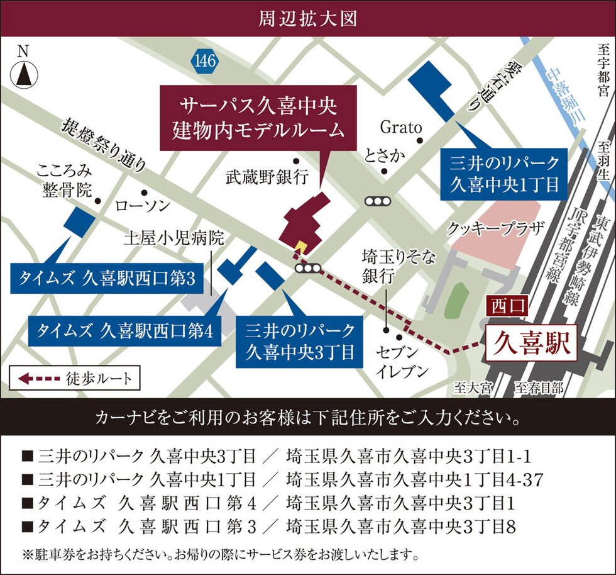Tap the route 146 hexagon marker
pyautogui.click(x=205, y=61)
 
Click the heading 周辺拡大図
pyautogui.click(x=308, y=18)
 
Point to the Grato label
pyautogui.click(x=400, y=127)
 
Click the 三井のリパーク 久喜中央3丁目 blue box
pyautogui.click(x=300, y=340)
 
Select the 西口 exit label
pyautogui.click(x=507, y=306)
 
